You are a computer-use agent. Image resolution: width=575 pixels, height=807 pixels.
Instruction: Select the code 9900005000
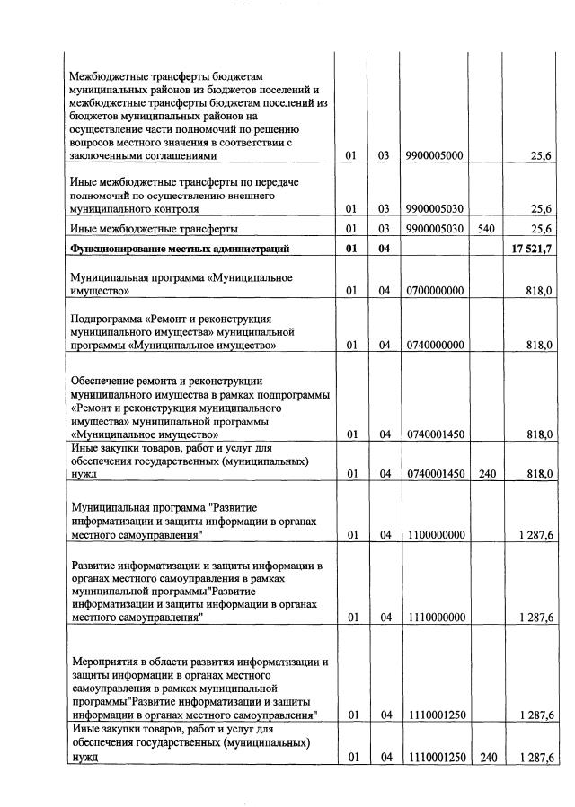[x=435, y=155]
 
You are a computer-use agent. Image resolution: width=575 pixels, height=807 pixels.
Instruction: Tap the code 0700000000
[x=435, y=292]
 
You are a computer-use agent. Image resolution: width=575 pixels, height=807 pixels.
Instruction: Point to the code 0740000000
[x=435, y=345]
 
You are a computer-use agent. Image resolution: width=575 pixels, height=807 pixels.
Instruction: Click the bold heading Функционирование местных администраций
[x=179, y=249]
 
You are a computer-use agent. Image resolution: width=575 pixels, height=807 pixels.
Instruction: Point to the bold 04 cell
[x=384, y=249]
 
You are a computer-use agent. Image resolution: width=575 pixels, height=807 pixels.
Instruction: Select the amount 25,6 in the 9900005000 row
[x=541, y=155]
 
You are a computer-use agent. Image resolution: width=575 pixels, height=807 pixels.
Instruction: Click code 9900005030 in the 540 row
[x=435, y=229]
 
